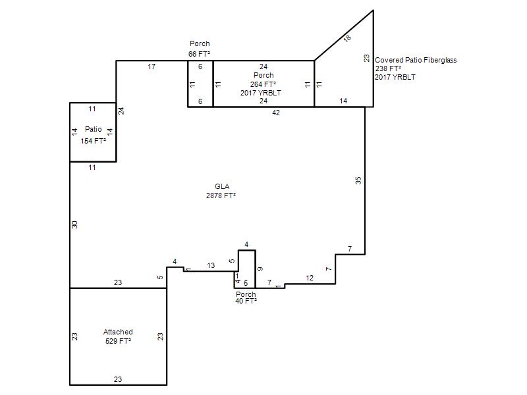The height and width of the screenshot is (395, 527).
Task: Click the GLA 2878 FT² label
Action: [221, 191]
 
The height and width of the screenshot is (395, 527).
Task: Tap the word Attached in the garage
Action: [118, 332]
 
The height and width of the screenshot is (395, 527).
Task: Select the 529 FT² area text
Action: [118, 341]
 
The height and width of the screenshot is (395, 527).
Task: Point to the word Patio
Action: [94, 129]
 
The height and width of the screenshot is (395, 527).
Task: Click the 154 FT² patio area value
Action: [93, 141]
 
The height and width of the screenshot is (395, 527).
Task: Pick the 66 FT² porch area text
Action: [200, 54]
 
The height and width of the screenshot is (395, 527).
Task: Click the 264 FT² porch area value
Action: [263, 84]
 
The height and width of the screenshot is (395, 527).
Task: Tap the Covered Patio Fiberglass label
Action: [416, 60]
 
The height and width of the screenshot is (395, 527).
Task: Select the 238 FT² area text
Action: [388, 68]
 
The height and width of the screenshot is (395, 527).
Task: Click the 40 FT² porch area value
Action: [246, 301]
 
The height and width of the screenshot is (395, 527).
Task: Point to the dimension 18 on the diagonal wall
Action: [347, 38]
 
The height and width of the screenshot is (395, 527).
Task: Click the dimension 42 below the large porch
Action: [276, 113]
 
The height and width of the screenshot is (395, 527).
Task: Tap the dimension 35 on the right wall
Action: [358, 180]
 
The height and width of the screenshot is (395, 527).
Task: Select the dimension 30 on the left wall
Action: [74, 224]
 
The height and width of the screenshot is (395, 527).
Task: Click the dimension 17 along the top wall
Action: [152, 66]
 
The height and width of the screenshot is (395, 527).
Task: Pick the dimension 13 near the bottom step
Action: [211, 265]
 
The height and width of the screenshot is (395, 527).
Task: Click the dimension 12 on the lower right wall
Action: [310, 278]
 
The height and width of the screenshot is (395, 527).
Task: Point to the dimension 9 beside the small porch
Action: [260, 269]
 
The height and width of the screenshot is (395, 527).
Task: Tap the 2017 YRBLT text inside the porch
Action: [260, 93]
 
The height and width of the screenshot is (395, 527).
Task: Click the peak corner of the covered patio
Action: [373, 11]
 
